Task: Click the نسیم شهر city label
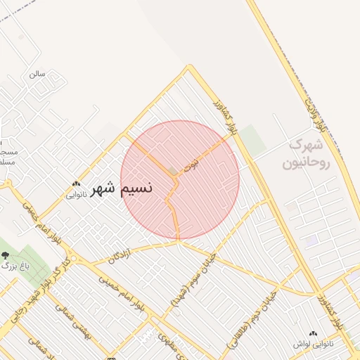tap(132, 188)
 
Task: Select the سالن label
tap(37, 74)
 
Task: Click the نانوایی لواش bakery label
tap(312, 345)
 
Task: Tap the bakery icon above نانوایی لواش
tap(313, 333)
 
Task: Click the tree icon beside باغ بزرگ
tap(6, 255)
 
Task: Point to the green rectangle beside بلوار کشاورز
tap(254, 141)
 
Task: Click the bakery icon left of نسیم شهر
tap(75, 184)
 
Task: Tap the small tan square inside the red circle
tap(173, 172)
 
